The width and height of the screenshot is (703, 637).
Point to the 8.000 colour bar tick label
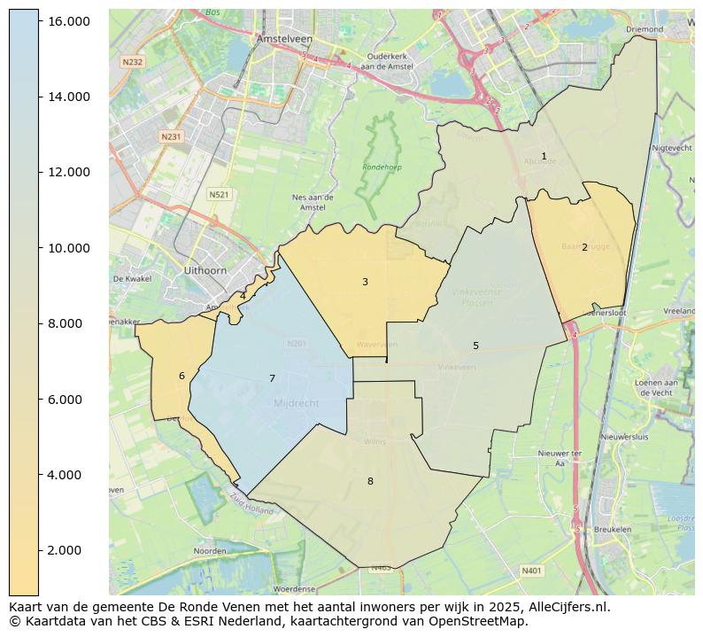coord(67,323)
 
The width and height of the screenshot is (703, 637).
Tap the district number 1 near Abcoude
coord(544,157)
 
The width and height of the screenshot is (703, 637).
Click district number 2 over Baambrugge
coord(584,247)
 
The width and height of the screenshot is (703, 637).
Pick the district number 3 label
coord(365,282)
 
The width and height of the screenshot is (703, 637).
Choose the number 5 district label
coord(475,346)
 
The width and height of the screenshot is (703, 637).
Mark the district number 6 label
coord(182,376)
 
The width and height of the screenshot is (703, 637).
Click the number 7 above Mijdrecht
coord(272,378)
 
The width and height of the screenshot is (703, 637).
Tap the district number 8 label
coord(370,481)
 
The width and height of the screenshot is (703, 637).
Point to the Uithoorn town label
coord(205,269)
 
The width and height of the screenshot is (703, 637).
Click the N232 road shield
coord(132,61)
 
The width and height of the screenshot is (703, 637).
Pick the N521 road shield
coord(219,194)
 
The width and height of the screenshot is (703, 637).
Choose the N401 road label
coord(531,571)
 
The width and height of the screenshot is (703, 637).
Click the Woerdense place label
coord(295,588)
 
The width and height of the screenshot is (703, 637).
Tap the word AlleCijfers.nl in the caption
coord(563,607)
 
